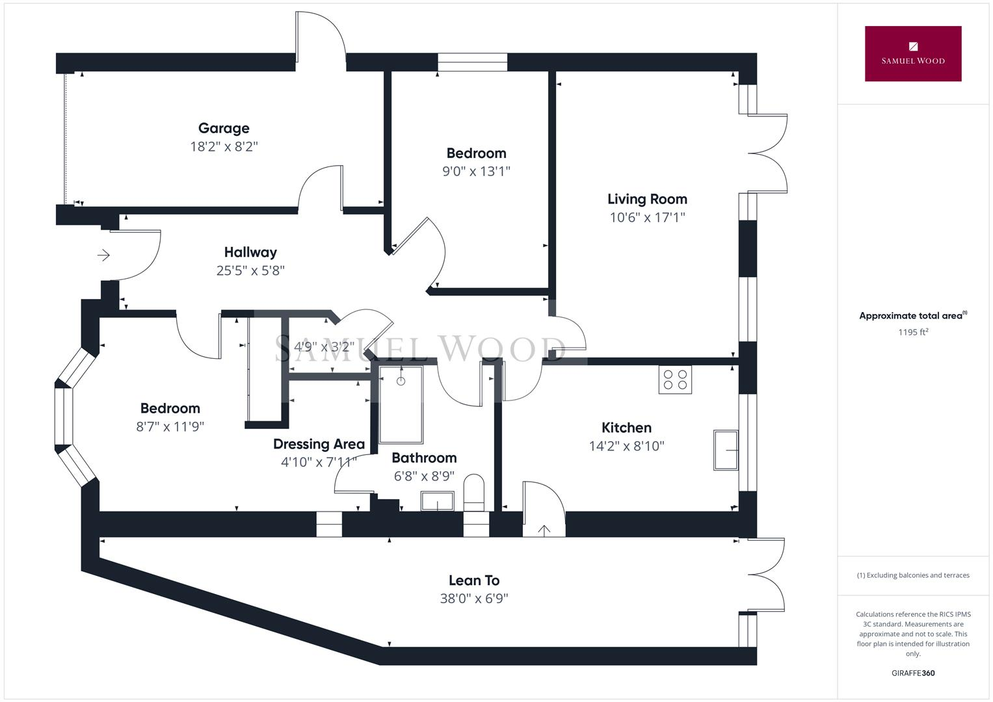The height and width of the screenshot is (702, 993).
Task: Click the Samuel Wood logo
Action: pyautogui.click(x=912, y=54)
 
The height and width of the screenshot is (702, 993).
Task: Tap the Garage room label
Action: pyautogui.click(x=224, y=128)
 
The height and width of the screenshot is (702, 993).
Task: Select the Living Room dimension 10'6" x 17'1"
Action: pyautogui.click(x=647, y=217)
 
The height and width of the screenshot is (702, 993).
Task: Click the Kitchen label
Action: pyautogui.click(x=626, y=428)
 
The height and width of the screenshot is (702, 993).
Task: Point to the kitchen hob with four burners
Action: pyautogui.click(x=675, y=380)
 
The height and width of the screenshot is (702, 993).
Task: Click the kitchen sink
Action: pyautogui.click(x=726, y=450)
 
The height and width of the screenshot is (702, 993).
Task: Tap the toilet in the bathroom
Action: pyautogui.click(x=474, y=492)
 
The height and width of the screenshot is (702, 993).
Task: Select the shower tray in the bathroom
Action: pyautogui.click(x=401, y=404)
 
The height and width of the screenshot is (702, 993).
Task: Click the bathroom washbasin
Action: pyautogui.click(x=437, y=501)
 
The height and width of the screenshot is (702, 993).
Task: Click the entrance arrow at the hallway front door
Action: pyautogui.click(x=103, y=255)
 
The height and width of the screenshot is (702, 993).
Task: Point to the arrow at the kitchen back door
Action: pyautogui.click(x=544, y=530)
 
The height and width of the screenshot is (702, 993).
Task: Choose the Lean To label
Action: pyautogui.click(x=474, y=580)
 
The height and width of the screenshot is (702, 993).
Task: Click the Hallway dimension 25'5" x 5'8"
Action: pyautogui.click(x=250, y=270)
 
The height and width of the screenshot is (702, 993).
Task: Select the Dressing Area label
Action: pyautogui.click(x=319, y=444)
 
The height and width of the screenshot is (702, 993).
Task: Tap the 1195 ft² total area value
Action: pyautogui.click(x=913, y=332)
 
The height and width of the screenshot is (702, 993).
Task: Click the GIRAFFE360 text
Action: pyautogui.click(x=913, y=673)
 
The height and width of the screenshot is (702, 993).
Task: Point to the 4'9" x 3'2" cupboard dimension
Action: pyautogui.click(x=323, y=346)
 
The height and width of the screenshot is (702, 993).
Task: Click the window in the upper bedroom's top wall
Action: pyautogui.click(x=472, y=62)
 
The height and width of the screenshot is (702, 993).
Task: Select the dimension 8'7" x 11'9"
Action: pyautogui.click(x=170, y=426)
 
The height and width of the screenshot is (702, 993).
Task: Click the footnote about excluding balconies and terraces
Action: pyautogui.click(x=913, y=575)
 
